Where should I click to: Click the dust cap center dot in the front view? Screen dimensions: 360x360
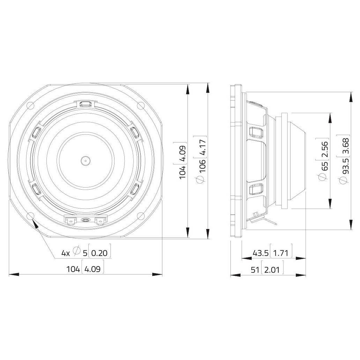tap(86, 161)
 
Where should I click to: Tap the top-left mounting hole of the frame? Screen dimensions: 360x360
tap(30, 105)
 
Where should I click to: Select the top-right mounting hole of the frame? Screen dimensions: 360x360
tap(140, 105)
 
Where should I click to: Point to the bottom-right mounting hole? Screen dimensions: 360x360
tap(140, 215)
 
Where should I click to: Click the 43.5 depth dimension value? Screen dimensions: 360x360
tap(260, 253)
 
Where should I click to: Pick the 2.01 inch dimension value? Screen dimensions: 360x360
tap(272, 270)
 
